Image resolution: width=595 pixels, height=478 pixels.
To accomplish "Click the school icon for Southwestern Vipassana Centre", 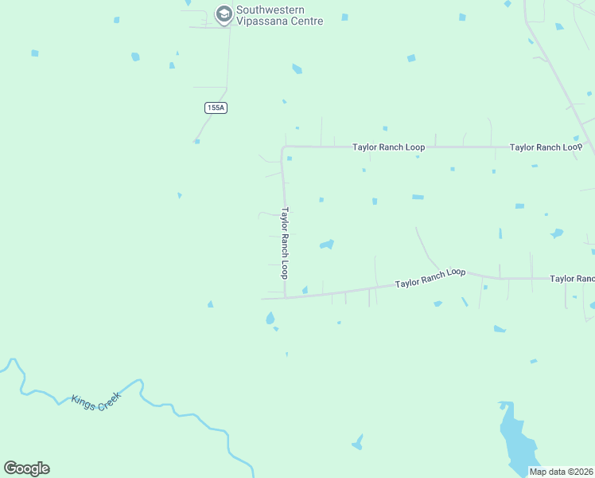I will coord(224,14).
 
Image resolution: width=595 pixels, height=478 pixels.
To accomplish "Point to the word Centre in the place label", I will coord(307,22).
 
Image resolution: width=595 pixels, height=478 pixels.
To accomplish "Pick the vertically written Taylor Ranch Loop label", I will coord(284,243).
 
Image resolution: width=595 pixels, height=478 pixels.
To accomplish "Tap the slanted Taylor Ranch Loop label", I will coord(430,277).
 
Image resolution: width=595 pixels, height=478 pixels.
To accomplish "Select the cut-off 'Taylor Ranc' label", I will coord(572,279).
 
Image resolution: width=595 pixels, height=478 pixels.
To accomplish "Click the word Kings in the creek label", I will coord(83,400).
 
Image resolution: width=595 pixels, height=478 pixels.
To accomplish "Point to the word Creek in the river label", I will coord(106,406).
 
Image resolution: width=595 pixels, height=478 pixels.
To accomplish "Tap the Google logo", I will coord(26,468).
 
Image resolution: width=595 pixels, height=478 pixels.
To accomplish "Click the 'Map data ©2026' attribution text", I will coord(561,472).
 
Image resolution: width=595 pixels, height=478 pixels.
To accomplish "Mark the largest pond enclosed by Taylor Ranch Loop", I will coord(327,244).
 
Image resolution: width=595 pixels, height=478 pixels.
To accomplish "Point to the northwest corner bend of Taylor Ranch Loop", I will coord(282,147).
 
